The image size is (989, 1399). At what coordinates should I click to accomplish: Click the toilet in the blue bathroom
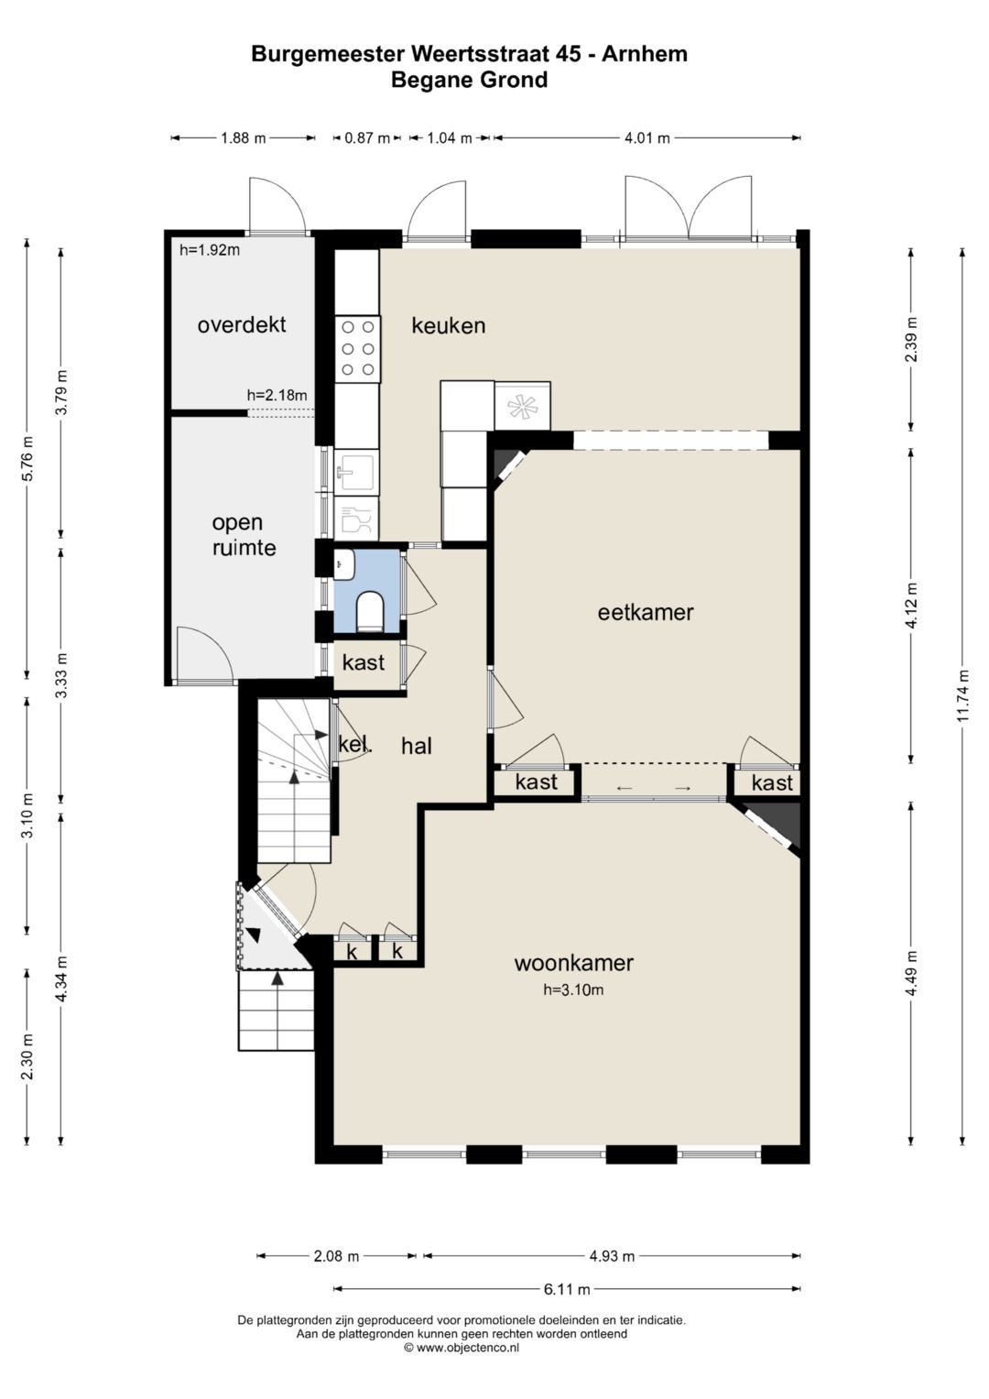click(368, 610)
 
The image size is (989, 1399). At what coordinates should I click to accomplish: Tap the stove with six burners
click(358, 348)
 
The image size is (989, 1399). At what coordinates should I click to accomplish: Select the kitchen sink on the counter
click(356, 471)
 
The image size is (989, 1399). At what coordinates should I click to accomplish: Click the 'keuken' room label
click(449, 325)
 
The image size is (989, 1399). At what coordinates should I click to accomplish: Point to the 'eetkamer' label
click(646, 612)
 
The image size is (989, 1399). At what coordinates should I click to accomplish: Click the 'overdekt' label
click(242, 324)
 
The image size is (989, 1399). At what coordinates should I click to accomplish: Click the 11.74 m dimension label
click(962, 695)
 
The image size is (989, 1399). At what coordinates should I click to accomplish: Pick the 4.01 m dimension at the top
click(647, 138)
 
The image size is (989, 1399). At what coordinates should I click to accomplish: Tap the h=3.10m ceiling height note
click(573, 989)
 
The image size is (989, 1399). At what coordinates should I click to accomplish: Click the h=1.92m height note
click(210, 250)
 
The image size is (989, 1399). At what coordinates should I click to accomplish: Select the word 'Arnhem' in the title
click(645, 54)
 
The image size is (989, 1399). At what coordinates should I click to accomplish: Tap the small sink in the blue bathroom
click(344, 564)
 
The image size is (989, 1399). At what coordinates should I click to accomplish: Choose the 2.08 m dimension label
click(336, 1256)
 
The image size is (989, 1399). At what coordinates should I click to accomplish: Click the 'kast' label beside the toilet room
click(364, 662)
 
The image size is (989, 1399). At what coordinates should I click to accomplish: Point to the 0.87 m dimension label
click(367, 138)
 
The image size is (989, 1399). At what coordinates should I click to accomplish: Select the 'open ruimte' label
click(245, 535)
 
